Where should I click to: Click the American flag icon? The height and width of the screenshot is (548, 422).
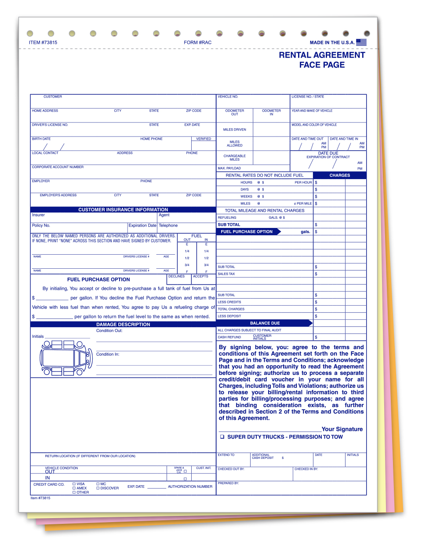click(x=361, y=42)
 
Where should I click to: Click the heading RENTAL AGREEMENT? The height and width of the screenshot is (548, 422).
click(x=322, y=55)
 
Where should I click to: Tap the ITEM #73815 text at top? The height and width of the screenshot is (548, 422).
click(x=43, y=43)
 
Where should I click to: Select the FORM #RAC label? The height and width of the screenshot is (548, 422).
click(x=197, y=43)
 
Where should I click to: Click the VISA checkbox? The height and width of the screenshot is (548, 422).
click(x=74, y=484)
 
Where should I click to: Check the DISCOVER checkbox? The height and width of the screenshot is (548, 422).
click(x=98, y=488)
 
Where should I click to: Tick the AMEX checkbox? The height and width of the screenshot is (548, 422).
click(x=74, y=488)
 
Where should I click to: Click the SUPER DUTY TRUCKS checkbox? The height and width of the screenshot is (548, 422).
click(x=222, y=437)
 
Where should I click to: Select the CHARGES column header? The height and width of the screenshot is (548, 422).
click(x=340, y=175)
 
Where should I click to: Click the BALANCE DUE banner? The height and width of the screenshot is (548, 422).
click(x=265, y=323)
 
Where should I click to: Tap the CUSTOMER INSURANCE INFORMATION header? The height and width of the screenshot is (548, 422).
click(x=123, y=209)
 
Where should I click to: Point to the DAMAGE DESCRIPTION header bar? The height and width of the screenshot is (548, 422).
click(x=123, y=324)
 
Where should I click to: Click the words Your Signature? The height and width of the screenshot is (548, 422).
click(x=342, y=429)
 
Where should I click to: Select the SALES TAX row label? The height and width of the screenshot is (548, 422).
click(x=226, y=274)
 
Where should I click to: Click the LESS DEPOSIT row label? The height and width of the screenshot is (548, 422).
click(x=229, y=316)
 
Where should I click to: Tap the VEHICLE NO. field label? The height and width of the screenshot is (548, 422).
click(x=228, y=97)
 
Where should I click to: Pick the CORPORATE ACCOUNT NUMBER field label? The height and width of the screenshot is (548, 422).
click(x=58, y=167)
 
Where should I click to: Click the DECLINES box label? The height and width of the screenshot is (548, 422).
click(x=176, y=276)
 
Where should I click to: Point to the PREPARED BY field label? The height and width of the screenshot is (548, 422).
click(x=228, y=483)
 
